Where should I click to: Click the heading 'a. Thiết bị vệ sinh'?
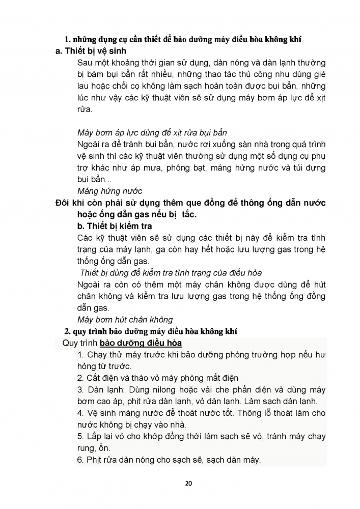pos(91,51)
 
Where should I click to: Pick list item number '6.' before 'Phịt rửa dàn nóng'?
pos(80,460)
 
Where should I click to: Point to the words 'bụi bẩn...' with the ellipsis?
pos(93,180)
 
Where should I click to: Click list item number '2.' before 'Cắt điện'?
pos(80,378)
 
